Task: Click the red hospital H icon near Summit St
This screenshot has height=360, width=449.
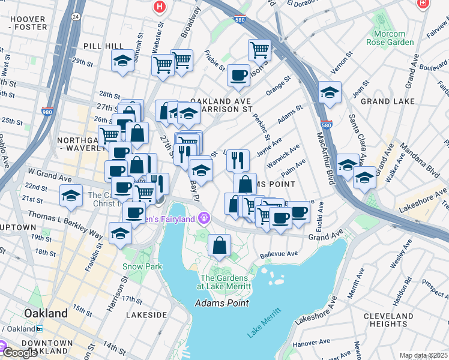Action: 159,7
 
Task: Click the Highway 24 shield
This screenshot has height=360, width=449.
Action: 74,17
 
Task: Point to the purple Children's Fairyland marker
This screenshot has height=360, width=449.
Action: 205,217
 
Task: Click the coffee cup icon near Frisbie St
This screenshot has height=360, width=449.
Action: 238,75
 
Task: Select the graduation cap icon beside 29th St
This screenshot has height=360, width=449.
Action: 122,60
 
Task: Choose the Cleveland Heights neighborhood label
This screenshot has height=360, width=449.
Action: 388,319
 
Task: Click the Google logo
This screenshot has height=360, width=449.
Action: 20,353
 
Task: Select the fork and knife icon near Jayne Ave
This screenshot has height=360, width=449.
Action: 238,159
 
